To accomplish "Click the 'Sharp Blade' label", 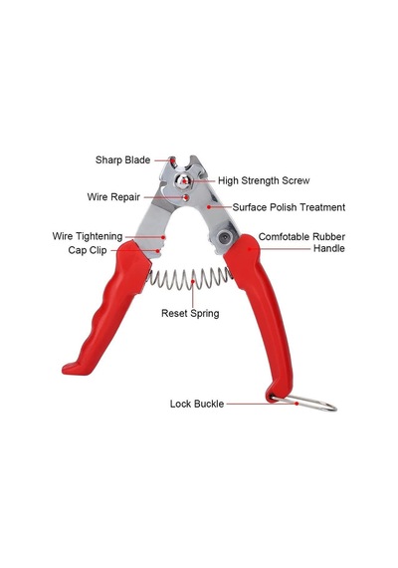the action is (x=122, y=160).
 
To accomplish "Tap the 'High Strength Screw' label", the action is (x=264, y=180).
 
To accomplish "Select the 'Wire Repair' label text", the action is (x=113, y=197).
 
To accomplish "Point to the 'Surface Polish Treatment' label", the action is (x=289, y=207).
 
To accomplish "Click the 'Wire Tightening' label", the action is (x=88, y=236).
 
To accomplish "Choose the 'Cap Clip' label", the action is (x=88, y=250).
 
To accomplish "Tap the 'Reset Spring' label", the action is (x=190, y=313).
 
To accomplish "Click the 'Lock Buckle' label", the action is (x=197, y=404).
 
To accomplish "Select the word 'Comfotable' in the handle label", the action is (x=284, y=237).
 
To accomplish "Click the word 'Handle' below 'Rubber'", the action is (x=329, y=248).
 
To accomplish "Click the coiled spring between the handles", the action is (x=189, y=279).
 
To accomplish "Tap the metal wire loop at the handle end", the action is (x=303, y=403).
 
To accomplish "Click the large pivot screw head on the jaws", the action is (x=183, y=180).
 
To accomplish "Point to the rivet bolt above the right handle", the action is (x=224, y=238).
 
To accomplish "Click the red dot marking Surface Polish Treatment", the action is (x=208, y=207).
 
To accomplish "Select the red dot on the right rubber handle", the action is (x=250, y=249).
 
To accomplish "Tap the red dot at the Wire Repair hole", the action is (x=186, y=197).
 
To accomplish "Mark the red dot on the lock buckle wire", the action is (x=297, y=404).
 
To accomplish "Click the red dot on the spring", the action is (x=193, y=281).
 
